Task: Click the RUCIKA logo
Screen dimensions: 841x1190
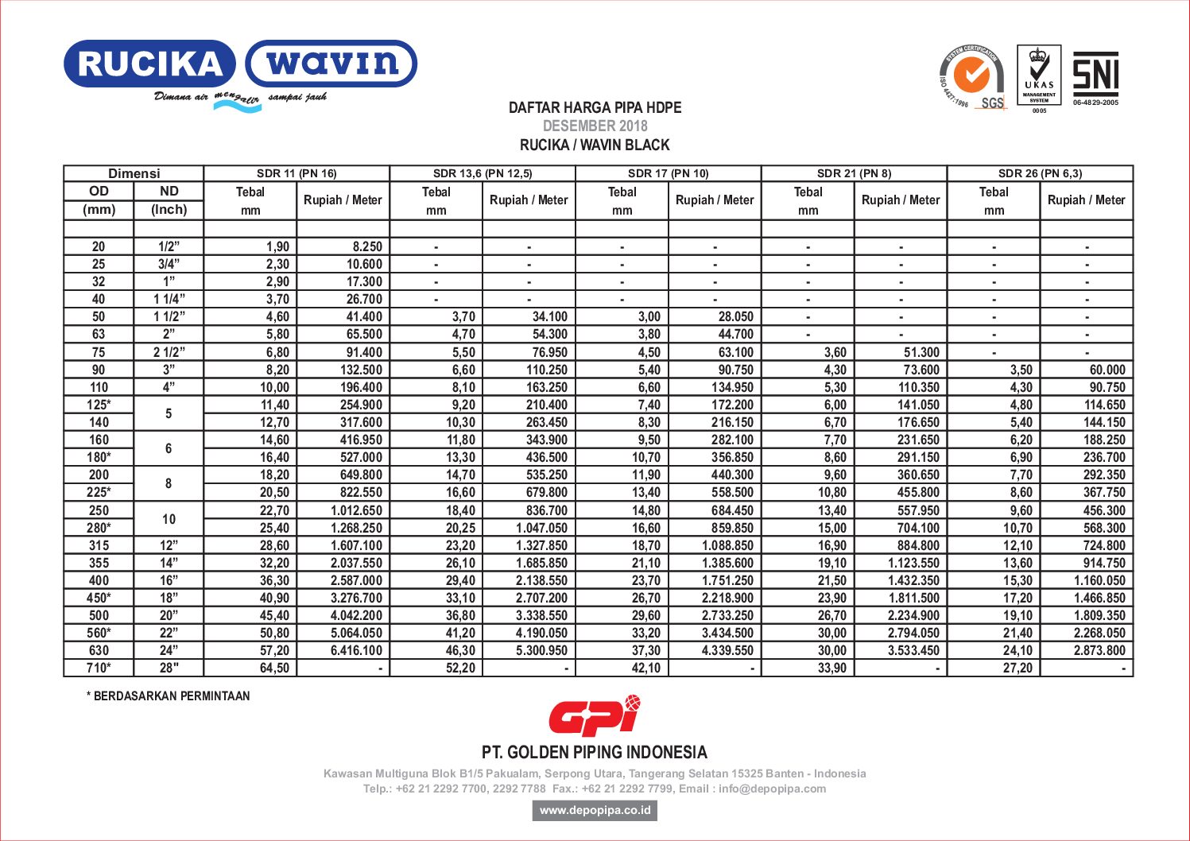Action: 149,64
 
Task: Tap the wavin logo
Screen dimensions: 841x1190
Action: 331,64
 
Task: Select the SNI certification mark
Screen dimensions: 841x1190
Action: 1095,74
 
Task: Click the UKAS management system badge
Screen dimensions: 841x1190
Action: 1039,76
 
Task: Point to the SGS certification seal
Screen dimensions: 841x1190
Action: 971,77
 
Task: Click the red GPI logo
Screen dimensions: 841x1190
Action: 594,715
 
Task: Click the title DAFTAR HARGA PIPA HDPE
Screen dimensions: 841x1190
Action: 595,107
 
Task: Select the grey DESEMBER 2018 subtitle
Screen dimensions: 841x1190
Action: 595,126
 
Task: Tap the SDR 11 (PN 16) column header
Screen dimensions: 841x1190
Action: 297,173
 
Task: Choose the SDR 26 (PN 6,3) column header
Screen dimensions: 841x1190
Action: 1040,173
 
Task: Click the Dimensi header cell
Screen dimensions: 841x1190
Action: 134,173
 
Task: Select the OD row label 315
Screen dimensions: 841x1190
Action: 99,545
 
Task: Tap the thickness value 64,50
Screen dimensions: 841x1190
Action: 274,668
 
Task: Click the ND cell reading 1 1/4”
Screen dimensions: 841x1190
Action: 169,299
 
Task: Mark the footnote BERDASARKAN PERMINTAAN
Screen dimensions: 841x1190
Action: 169,696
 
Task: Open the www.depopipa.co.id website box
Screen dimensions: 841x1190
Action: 595,810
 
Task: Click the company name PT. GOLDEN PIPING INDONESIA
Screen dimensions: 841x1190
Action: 595,752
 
